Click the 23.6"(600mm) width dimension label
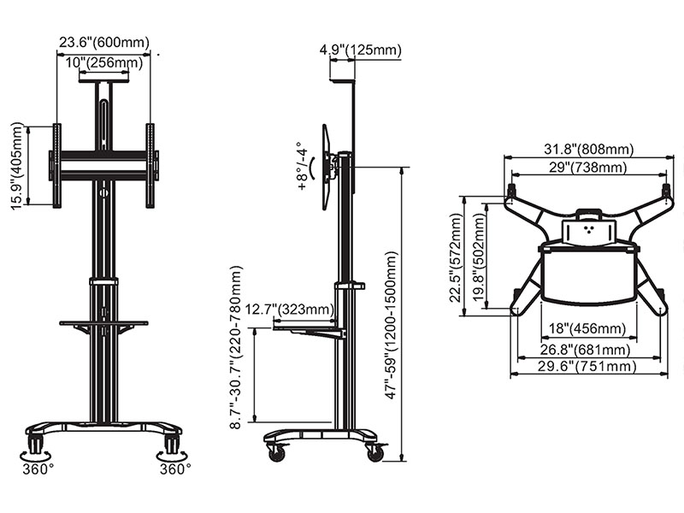click(104, 42)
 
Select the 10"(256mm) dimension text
click(104, 62)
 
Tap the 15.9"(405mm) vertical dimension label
click(16, 166)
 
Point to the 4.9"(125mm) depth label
click(360, 50)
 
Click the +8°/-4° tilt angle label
click(303, 166)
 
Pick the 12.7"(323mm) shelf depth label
click(290, 310)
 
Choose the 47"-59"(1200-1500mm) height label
click(391, 325)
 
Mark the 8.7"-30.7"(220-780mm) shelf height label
click(235, 347)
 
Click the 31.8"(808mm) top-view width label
click(588, 149)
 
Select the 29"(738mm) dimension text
click(587, 167)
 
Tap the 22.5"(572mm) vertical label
click(455, 258)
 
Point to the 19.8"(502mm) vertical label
click(479, 258)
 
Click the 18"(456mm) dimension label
click(587, 328)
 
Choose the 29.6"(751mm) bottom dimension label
click(587, 366)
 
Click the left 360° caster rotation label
click(38, 469)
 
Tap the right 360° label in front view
click(175, 469)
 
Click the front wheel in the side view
click(275, 453)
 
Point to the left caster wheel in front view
click(35, 443)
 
